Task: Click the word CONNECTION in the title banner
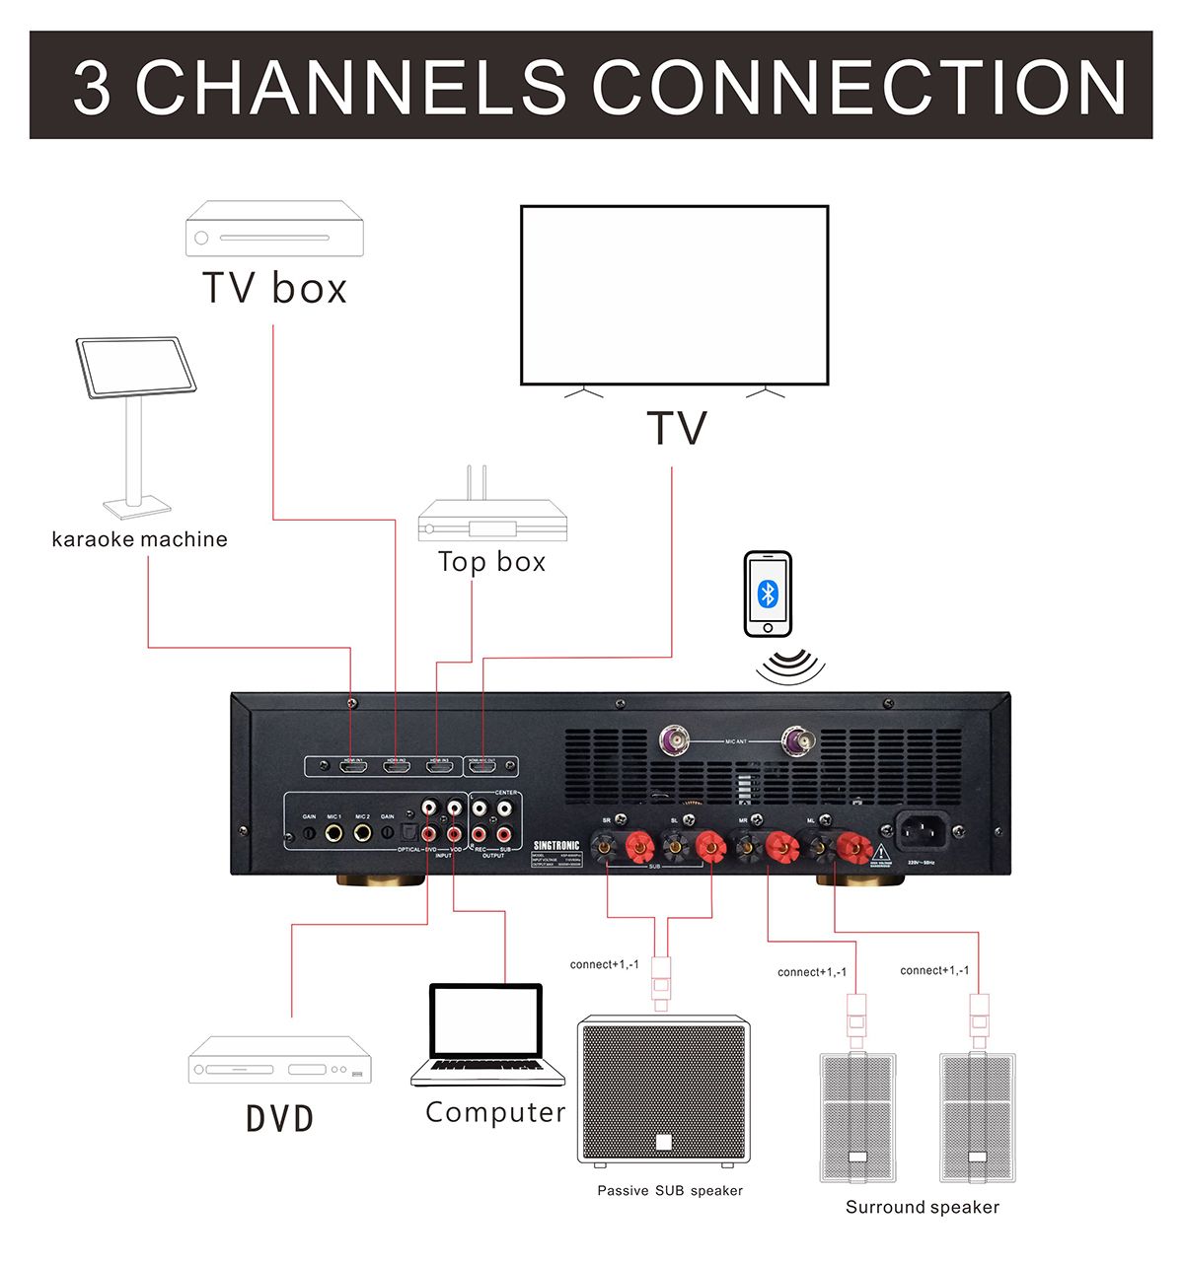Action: [x=858, y=87]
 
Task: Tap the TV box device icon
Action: [x=274, y=229]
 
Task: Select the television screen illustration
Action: [x=675, y=295]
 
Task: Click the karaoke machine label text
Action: [x=139, y=539]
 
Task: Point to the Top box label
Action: [x=491, y=562]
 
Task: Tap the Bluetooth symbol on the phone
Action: [x=768, y=594]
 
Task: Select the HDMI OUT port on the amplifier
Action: [x=482, y=766]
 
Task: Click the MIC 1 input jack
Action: [x=334, y=833]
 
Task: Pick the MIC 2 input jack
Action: [x=362, y=833]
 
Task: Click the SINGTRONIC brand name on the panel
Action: [x=556, y=846]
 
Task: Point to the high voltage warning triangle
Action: [x=881, y=852]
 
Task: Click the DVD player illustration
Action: [x=280, y=1061]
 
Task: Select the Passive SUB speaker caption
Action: [x=670, y=1191]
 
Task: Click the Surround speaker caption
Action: [x=923, y=1208]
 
